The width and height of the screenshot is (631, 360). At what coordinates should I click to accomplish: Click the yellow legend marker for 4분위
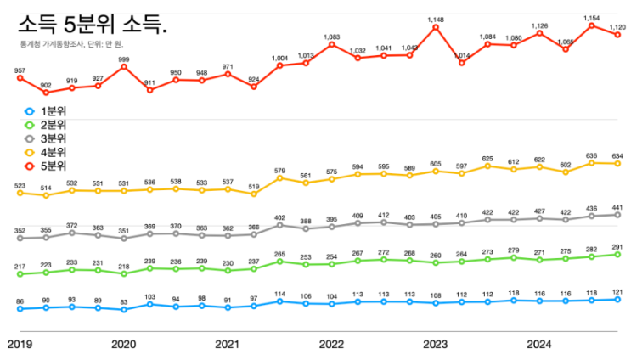coord(29,152)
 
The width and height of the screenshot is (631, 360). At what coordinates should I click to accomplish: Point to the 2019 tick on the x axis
coord(20,344)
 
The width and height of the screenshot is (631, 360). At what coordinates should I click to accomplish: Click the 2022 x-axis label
coord(330,344)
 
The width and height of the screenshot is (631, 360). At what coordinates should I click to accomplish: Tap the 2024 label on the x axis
coord(538,344)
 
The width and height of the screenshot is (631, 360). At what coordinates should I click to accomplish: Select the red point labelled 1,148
coord(436,27)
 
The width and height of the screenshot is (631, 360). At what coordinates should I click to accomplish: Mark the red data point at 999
coord(124,66)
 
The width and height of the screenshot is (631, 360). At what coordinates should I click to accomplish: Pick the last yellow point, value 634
coord(617,163)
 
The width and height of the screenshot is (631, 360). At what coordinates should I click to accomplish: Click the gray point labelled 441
coord(617,215)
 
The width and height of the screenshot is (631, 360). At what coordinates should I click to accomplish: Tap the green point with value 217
coord(20,274)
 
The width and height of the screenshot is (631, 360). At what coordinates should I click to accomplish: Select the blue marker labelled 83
coord(124,310)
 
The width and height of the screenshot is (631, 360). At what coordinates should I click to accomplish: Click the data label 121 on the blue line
coord(617,291)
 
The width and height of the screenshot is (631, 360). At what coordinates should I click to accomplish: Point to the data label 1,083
coord(332,37)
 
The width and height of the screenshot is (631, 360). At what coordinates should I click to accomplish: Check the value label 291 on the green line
coord(617,247)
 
